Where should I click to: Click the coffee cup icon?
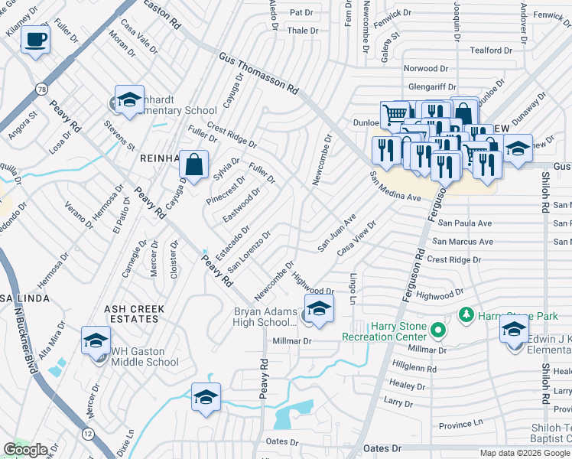pyautogui.click(x=35, y=38)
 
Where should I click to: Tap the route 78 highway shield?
pyautogui.click(x=39, y=90)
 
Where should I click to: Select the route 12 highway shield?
pyautogui.click(x=89, y=435)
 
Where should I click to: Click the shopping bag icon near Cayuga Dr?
pyautogui.click(x=195, y=164)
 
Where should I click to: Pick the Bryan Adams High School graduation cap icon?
pyautogui.click(x=318, y=309)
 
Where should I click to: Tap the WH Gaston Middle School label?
pyautogui.click(x=145, y=357)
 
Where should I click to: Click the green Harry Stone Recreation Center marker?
pyautogui.click(x=437, y=331)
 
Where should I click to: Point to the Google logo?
pyautogui.click(x=26, y=451)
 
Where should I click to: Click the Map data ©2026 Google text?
pyautogui.click(x=524, y=453)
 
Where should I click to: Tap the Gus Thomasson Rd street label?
pyautogui.click(x=258, y=73)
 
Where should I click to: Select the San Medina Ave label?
pyautogui.click(x=395, y=187)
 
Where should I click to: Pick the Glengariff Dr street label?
pyautogui.click(x=432, y=88)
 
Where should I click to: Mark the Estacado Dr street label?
pyautogui.click(x=232, y=241)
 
